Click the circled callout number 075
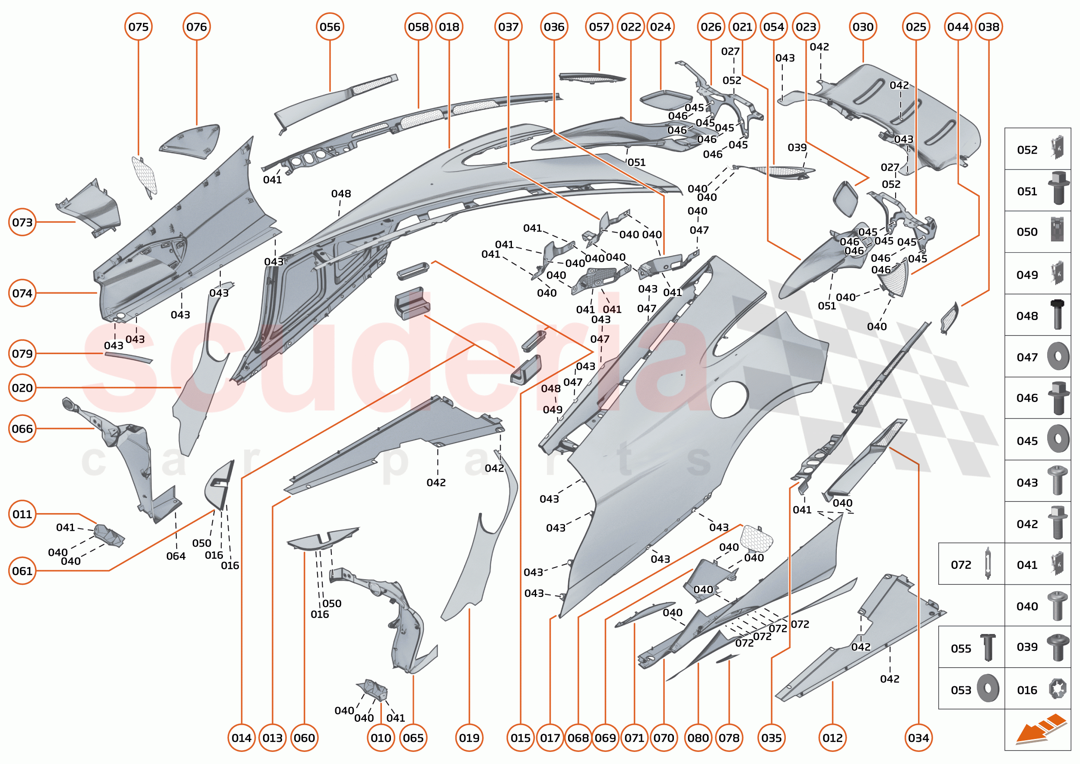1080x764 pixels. pos(138,27)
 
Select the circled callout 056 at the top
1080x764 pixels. pos(330,27)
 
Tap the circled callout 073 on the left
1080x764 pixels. pos(22,222)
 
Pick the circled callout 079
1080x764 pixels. pos(22,353)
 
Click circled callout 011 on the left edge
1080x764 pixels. pos(22,514)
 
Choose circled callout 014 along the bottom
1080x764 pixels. pos(241,738)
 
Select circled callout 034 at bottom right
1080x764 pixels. pos(918,738)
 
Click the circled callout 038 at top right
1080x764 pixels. pos(989,27)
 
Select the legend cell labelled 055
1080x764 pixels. pos(971,648)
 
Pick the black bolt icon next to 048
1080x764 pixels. pos(1057,314)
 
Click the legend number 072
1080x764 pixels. pos(960,564)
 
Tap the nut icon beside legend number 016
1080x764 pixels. pos(1058,689)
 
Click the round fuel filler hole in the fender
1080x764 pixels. pos(729,399)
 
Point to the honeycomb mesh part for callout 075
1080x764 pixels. pos(144,175)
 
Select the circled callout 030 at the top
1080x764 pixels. pos(863,27)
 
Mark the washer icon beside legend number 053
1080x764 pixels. pos(987,689)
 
